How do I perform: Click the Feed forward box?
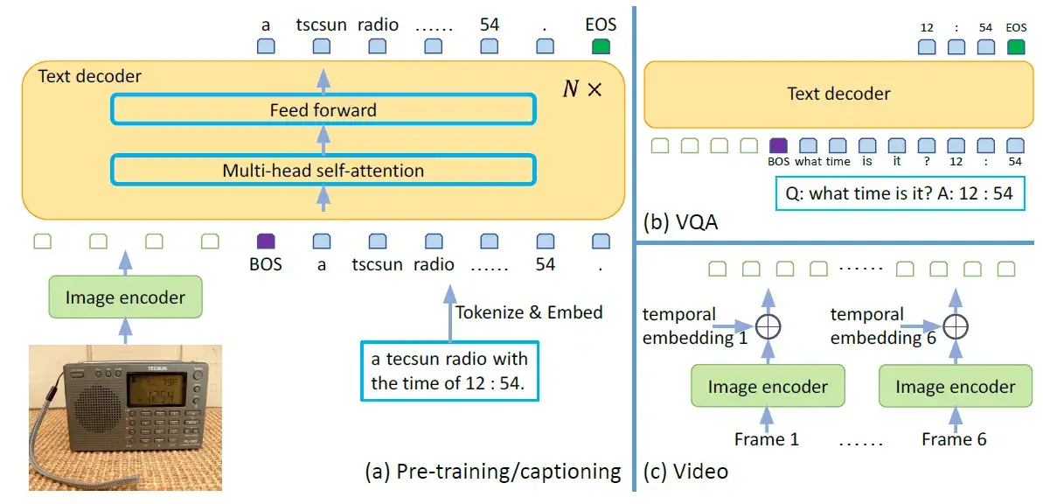coord(323,110)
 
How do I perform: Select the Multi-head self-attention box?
coord(323,170)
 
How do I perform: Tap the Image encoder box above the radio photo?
coord(125,297)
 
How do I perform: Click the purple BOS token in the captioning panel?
coord(266,241)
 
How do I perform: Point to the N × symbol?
coord(581,89)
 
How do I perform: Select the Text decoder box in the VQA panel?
coord(838,94)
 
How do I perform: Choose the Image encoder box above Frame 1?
coord(768,386)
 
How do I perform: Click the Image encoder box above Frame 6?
coord(955,386)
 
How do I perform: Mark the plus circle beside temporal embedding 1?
coord(767,326)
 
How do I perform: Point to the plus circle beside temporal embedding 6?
coord(955,326)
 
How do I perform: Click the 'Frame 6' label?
coord(954,438)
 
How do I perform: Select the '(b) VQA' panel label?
coord(681,221)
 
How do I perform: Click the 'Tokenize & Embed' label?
coord(529,311)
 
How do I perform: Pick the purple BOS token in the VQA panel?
coord(778,145)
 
